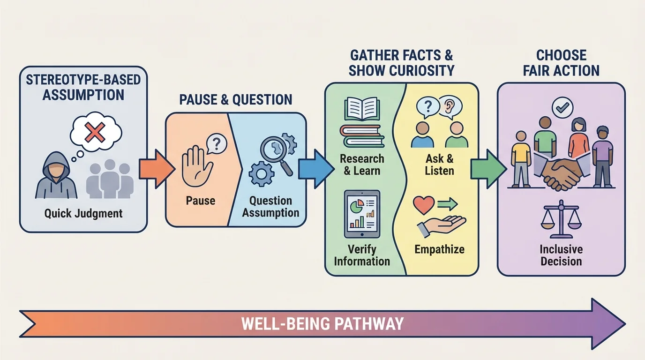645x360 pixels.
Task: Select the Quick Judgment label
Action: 83,214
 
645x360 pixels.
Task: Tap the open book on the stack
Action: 361,107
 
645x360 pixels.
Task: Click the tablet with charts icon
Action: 362,214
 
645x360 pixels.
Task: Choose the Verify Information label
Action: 362,255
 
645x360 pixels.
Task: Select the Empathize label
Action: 439,249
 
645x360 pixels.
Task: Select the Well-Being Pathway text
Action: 322,324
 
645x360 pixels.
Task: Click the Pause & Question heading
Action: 236,99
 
